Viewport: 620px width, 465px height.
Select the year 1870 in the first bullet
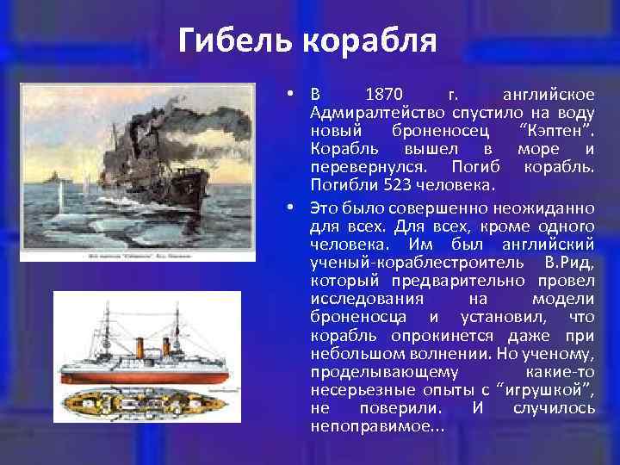(383, 93)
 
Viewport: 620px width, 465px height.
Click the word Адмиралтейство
(376, 112)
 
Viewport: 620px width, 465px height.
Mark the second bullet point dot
(294, 206)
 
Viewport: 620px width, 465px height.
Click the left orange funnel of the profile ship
(140, 345)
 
